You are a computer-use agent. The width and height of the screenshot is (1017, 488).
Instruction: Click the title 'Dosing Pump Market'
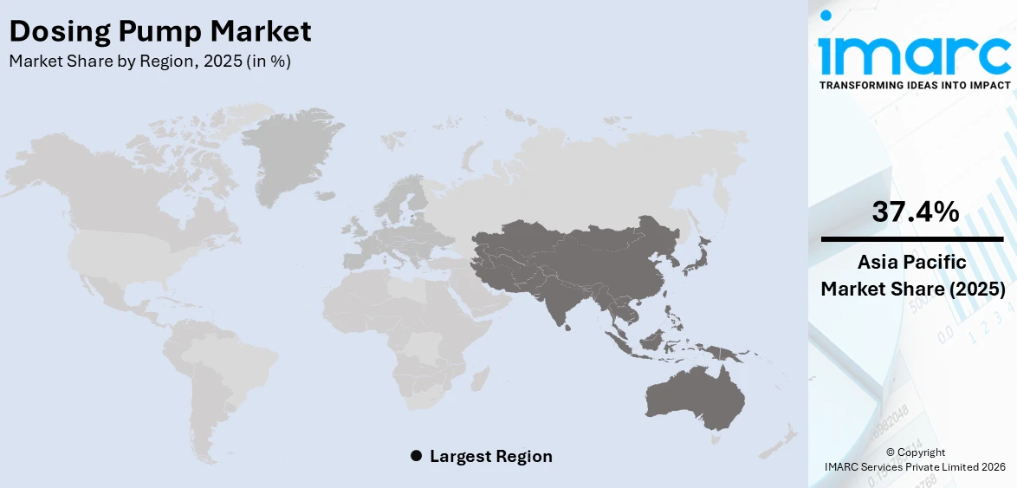(159, 32)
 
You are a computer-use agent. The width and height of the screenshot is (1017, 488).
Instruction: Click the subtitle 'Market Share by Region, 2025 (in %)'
(149, 62)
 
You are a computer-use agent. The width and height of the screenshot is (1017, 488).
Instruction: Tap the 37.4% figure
(915, 211)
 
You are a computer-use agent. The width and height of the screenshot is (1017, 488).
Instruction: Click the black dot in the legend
(416, 456)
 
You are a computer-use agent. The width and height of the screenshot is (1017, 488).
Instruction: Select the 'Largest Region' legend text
(490, 456)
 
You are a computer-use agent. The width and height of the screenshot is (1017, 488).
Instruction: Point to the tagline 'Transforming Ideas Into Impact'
(914, 85)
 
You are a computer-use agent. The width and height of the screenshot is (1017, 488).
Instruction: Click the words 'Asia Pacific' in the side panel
(913, 263)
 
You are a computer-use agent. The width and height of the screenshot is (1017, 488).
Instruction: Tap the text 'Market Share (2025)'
(913, 289)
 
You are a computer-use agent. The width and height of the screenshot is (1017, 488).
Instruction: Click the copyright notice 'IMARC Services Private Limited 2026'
(915, 467)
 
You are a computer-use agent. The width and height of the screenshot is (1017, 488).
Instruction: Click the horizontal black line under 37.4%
(913, 238)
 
